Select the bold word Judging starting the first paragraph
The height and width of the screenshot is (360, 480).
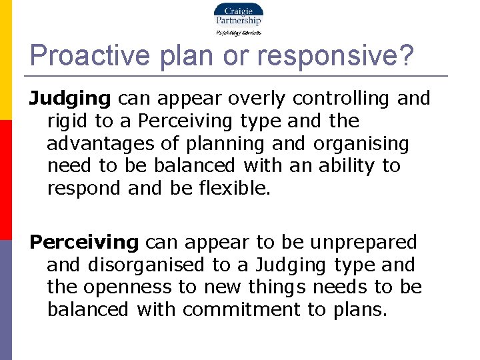tap(70, 99)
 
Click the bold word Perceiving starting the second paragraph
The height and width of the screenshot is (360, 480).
tap(84, 242)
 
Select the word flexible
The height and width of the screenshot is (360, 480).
tap(235, 189)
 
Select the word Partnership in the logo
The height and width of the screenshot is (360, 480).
tap(238, 21)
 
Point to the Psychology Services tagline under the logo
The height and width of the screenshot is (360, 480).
tap(238, 32)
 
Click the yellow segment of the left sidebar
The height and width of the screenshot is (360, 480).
tap(6, 60)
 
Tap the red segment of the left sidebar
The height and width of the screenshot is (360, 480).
tap(6, 180)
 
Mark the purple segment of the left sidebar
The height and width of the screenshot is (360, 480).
tap(6, 300)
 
